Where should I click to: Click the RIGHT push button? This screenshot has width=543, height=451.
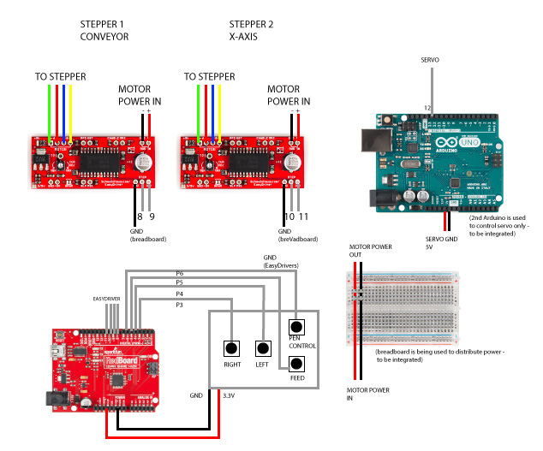(231, 348)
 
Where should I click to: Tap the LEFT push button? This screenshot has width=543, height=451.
(264, 348)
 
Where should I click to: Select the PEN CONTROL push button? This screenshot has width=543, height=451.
(296, 327)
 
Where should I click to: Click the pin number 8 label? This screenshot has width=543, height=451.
(140, 217)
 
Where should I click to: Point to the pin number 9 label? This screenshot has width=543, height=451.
(152, 217)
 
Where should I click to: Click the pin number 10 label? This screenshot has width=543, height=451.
(289, 217)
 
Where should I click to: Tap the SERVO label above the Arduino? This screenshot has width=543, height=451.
(431, 60)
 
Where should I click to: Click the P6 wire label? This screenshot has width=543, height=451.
(180, 272)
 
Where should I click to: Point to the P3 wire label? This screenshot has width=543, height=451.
(180, 305)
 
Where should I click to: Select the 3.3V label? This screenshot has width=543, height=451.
(229, 395)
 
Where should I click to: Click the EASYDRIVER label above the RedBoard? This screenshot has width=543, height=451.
(109, 298)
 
